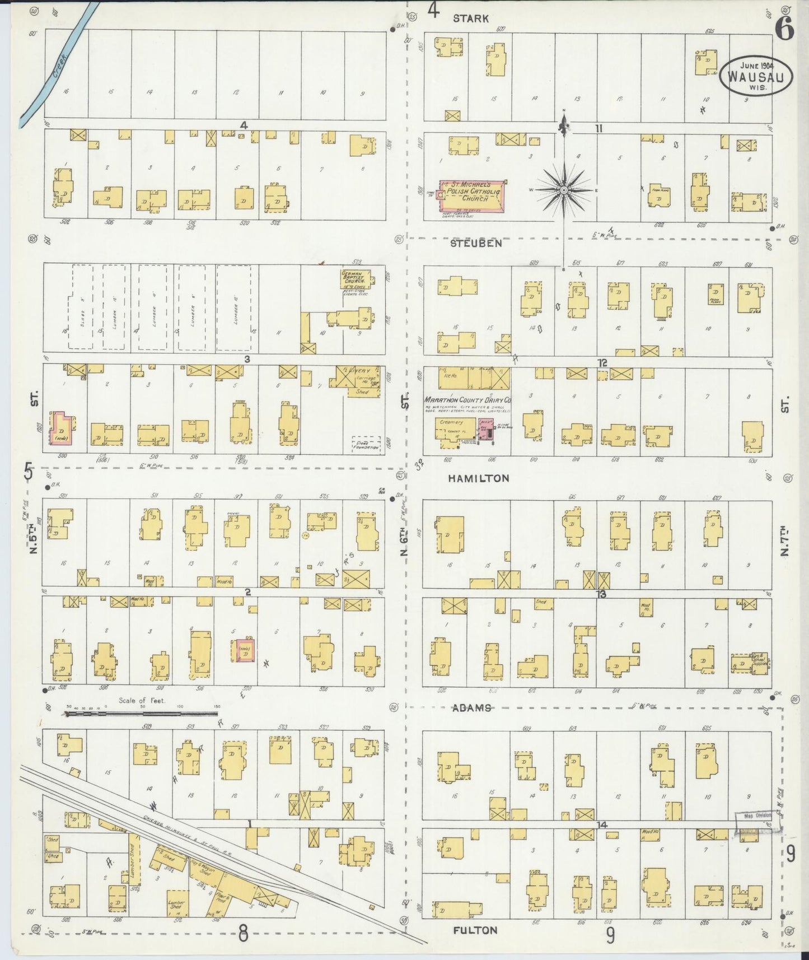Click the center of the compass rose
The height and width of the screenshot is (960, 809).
point(564,190)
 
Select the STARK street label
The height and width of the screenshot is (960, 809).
point(470,18)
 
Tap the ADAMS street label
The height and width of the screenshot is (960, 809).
point(472,707)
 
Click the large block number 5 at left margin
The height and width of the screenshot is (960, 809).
point(29,472)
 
